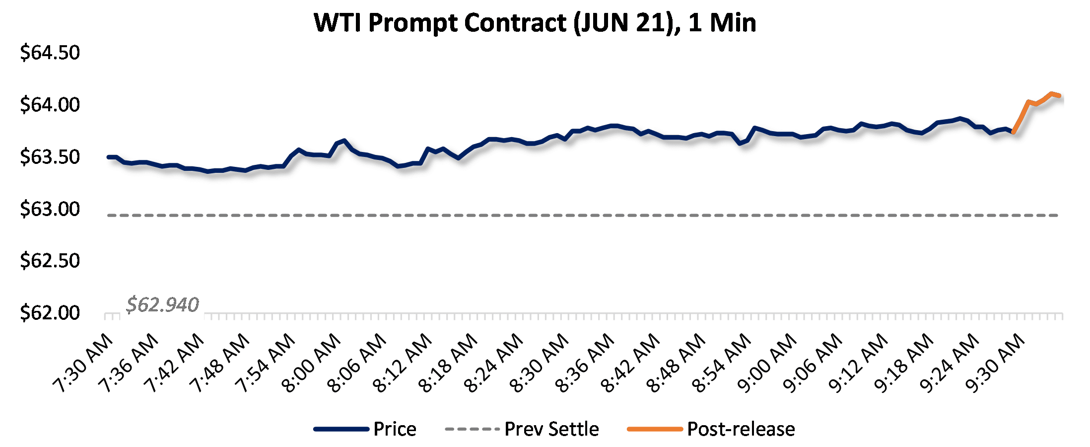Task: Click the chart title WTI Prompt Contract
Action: coord(535,23)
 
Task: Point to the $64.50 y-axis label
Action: coord(50,53)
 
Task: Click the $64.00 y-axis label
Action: coord(50,105)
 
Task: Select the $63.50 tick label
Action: coord(50,157)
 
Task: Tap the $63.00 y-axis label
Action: coord(50,209)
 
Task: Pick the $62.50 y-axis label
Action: coord(50,261)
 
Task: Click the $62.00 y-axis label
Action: coord(50,313)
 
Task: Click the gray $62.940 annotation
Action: coord(162,304)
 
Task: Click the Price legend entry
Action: coord(395,429)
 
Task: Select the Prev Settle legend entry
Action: coord(551,429)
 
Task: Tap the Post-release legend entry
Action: coord(741,429)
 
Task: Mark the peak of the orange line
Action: coord(1051,93)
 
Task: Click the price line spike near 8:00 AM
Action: coord(344,141)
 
